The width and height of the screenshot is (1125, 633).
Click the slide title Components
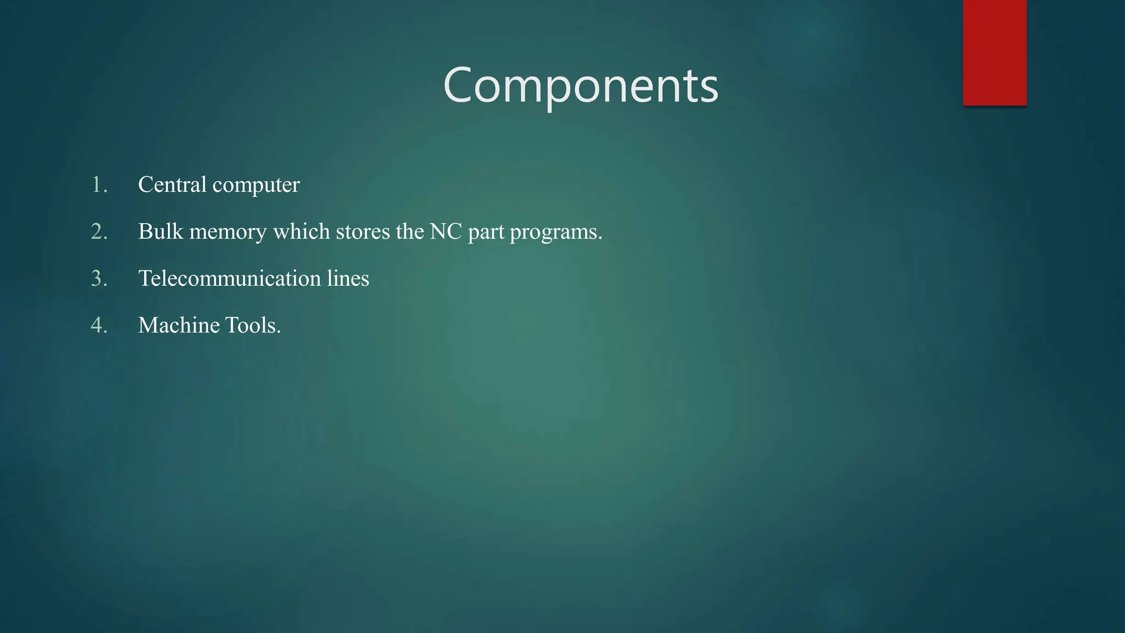581,85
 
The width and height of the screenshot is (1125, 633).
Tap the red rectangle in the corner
994,52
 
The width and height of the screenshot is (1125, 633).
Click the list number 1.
99,185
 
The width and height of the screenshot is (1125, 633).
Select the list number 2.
99,231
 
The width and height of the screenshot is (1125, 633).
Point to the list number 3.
99,279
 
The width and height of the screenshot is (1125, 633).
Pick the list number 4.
99,325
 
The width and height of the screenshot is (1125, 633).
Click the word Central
172,185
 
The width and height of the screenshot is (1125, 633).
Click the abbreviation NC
445,231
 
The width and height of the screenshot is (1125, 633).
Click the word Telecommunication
229,279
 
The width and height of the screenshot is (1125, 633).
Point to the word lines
348,279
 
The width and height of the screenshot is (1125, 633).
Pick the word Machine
179,325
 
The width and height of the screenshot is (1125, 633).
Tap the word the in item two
410,231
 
